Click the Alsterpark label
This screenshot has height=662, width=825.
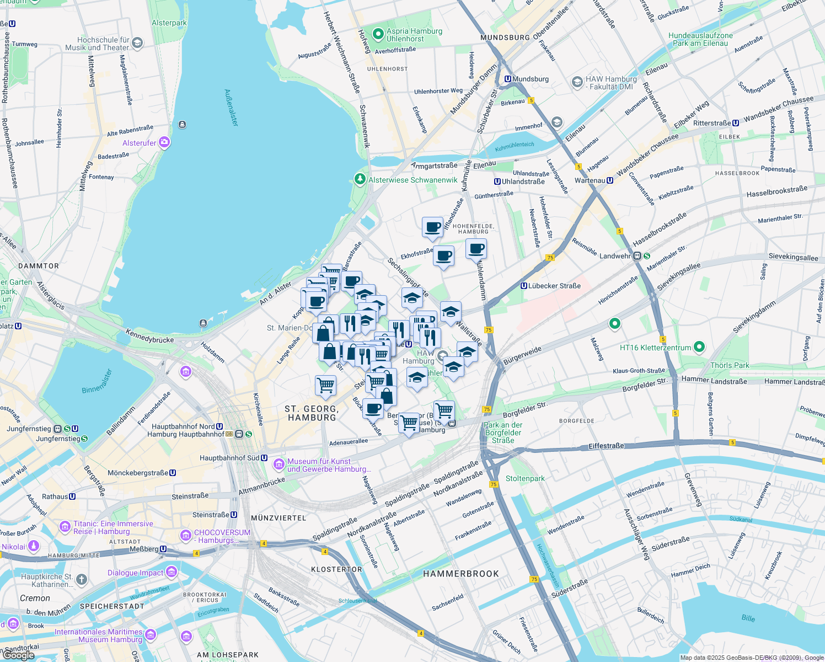coord(169,23)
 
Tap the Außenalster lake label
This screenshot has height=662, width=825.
coord(232,108)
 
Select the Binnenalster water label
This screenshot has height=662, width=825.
coord(97,381)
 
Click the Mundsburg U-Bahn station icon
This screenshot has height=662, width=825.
coord(508,79)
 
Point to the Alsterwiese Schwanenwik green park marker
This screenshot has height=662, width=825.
coord(360,179)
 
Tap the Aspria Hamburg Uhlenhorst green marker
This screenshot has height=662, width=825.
coord(378,35)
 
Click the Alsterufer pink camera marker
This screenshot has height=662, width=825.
coord(164,143)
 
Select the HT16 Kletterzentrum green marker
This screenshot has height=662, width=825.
coord(699,347)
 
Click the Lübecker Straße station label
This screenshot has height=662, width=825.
coord(554,286)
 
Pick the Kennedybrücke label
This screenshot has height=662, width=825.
coord(149,336)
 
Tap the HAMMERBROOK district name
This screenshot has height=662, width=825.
coord(461,574)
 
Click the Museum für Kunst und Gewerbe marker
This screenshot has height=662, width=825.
coord(279,465)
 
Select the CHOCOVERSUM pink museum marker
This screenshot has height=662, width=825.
coord(186,536)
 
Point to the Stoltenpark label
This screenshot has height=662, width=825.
coord(525,478)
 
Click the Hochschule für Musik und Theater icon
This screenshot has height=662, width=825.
coord(137,42)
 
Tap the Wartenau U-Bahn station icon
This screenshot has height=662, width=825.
coord(610,180)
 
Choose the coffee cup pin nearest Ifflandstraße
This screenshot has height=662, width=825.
coord(433,227)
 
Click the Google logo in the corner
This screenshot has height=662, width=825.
coord(18,655)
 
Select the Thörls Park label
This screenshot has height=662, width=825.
coord(730,365)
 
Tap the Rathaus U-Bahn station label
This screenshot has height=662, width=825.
coord(55,496)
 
